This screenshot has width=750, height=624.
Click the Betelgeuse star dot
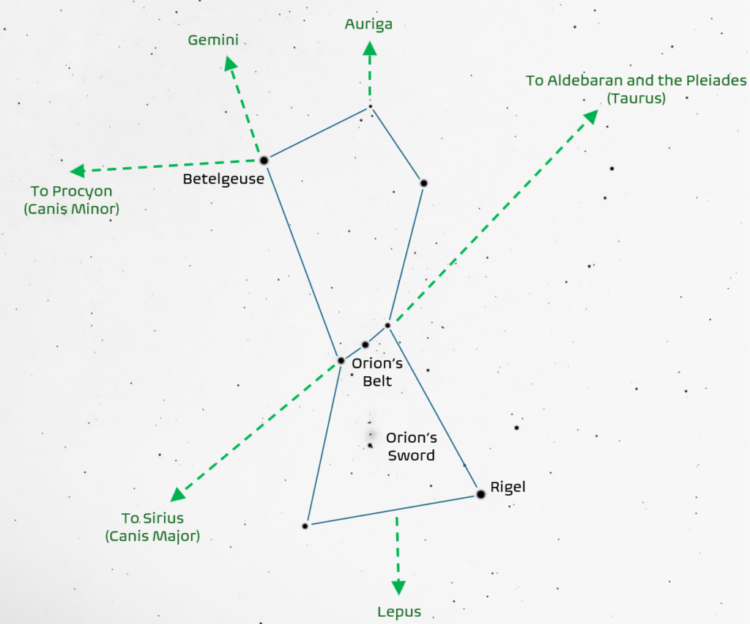pyautogui.click(x=264, y=159)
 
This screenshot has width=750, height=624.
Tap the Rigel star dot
pyautogui.click(x=480, y=494)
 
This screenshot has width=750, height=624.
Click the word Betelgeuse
pyautogui.click(x=224, y=179)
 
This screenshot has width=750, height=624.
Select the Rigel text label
pyautogui.click(x=508, y=486)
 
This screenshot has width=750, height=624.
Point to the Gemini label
pyautogui.click(x=213, y=40)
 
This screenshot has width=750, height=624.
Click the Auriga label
pyautogui.click(x=368, y=24)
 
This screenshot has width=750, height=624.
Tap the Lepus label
pyautogui.click(x=399, y=612)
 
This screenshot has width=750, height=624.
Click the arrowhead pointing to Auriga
pyautogui.click(x=370, y=50)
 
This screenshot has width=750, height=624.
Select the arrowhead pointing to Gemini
pyautogui.click(x=231, y=64)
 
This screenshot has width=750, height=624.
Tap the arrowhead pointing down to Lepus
pyautogui.click(x=398, y=587)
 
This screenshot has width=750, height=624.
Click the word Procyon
pyautogui.click(x=86, y=191)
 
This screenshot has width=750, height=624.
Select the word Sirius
pyautogui.click(x=163, y=518)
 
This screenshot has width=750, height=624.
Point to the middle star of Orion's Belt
pyautogui.click(x=365, y=344)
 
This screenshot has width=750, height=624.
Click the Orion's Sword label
pyautogui.click(x=411, y=447)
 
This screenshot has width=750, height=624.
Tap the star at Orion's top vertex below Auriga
pyautogui.click(x=371, y=107)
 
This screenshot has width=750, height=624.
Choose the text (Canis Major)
pyautogui.click(x=152, y=536)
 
